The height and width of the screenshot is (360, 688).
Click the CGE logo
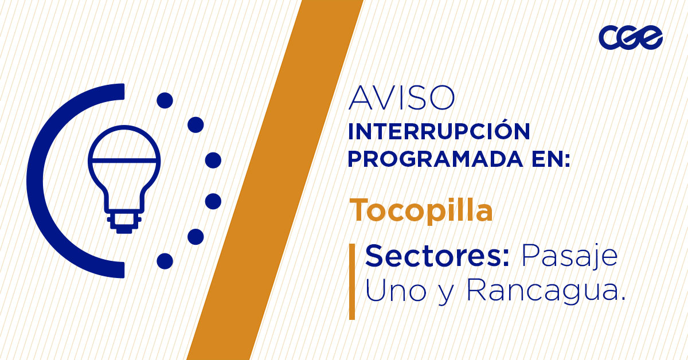point(630,38)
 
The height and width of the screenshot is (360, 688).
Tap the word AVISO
point(401,99)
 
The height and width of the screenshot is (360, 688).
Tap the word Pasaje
point(569,257)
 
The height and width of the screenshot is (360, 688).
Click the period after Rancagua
point(622,299)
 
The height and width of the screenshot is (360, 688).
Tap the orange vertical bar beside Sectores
point(352,281)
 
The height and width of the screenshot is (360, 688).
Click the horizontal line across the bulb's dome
point(124,158)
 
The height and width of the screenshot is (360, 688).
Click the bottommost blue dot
point(165,261)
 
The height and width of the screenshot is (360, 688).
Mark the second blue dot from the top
point(196,124)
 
